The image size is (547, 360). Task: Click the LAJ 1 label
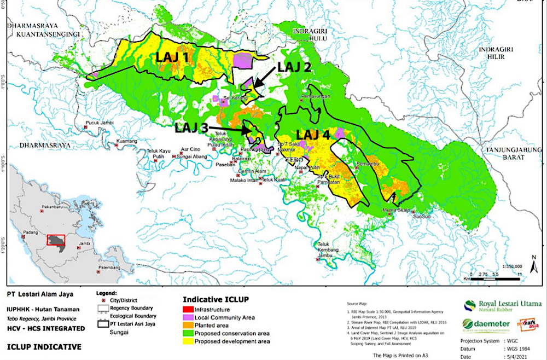tap(174, 56)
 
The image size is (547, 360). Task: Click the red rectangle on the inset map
tap(56, 241)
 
